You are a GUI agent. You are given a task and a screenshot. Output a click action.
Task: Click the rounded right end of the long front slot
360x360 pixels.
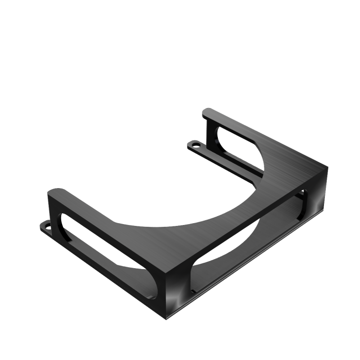tap(301, 198)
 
